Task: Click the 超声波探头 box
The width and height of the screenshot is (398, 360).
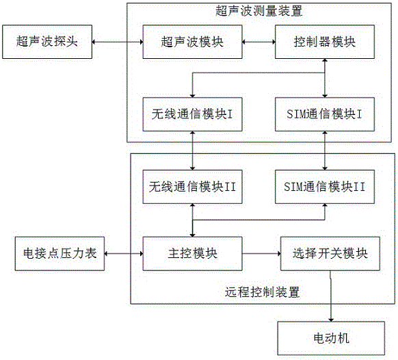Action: [x=47, y=42]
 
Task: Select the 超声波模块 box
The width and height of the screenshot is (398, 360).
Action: [x=192, y=42]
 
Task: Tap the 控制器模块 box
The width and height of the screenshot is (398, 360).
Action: [x=325, y=42]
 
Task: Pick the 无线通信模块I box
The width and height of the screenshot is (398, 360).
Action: [x=192, y=114]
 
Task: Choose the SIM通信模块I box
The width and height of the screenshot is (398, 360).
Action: [x=325, y=114]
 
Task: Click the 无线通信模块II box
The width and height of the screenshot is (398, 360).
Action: [x=192, y=187]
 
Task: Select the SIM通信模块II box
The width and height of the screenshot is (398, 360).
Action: [x=325, y=187]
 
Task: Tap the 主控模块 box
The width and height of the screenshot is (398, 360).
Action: [x=192, y=253]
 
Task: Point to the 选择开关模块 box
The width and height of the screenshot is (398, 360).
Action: [x=330, y=253]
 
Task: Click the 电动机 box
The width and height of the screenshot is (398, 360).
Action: [x=331, y=338]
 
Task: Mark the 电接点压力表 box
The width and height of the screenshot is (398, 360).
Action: [x=59, y=253]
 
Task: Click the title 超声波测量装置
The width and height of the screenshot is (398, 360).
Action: [x=259, y=11]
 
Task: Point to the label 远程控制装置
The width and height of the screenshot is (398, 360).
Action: [x=262, y=292]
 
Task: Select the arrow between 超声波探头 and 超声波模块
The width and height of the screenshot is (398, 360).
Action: [x=118, y=42]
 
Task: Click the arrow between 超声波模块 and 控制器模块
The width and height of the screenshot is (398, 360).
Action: [x=258, y=42]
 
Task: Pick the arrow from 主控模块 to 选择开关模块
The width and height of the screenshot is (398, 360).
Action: [x=261, y=253]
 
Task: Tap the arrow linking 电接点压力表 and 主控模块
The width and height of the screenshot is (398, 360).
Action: [x=124, y=253]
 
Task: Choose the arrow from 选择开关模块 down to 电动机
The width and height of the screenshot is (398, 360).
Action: [x=330, y=296]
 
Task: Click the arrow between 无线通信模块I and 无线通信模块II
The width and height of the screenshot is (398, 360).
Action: [x=192, y=151]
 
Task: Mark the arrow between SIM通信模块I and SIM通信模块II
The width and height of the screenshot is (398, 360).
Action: [x=325, y=151]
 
